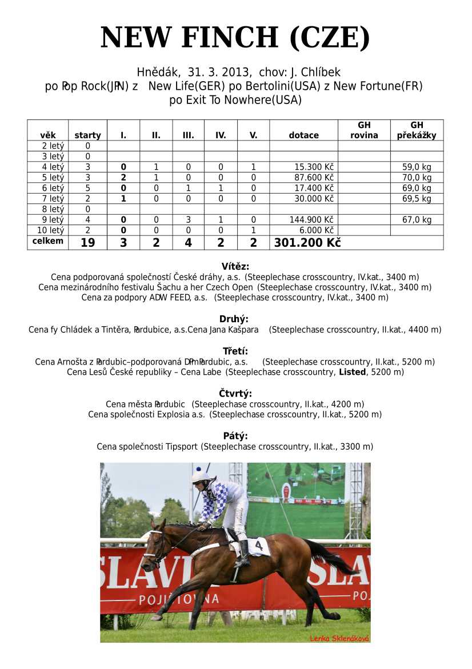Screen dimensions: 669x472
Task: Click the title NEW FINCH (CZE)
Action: (x=235, y=38)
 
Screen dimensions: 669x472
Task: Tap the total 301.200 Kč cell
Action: (x=307, y=243)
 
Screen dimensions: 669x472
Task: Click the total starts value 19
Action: (x=87, y=243)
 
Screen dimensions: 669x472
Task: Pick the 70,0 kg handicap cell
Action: (x=417, y=178)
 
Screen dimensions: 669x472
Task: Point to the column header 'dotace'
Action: (x=303, y=135)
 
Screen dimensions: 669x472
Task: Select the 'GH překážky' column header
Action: (x=417, y=130)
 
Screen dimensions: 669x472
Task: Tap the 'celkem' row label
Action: (x=48, y=241)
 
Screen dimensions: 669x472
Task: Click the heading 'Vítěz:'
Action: (x=235, y=266)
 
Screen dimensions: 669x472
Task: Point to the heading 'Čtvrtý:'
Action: (x=235, y=394)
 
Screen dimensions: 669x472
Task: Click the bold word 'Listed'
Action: (x=352, y=372)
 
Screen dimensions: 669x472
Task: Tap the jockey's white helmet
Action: (x=201, y=475)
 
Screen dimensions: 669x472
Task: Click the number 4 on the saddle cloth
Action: (x=259, y=546)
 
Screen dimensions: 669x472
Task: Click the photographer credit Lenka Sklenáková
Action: (x=339, y=638)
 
